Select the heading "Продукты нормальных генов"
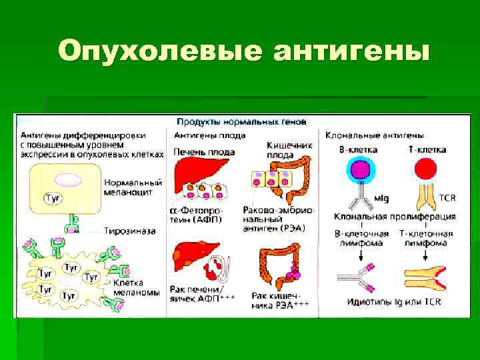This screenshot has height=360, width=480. click(241, 122)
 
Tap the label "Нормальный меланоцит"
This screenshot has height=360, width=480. click(133, 186)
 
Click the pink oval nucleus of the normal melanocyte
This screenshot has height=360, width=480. click(67, 180)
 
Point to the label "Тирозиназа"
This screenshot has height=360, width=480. click(130, 231)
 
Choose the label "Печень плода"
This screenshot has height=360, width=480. click(204, 152)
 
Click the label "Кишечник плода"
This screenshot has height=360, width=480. click(286, 149)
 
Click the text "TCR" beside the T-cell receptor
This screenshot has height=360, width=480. click(448, 198)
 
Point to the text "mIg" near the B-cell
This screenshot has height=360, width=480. click(381, 198)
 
